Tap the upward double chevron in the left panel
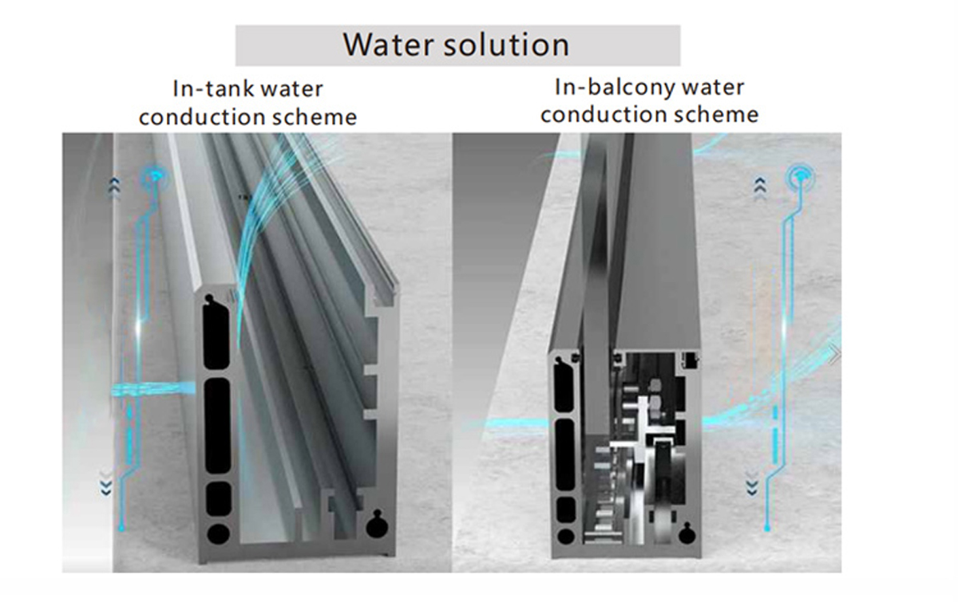click(x=115, y=186)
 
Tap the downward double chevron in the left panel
click(x=105, y=483)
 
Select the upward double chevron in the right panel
click(x=760, y=187)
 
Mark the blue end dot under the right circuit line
click(x=767, y=528)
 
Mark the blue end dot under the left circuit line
click(x=121, y=528)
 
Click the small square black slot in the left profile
click(x=217, y=499)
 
